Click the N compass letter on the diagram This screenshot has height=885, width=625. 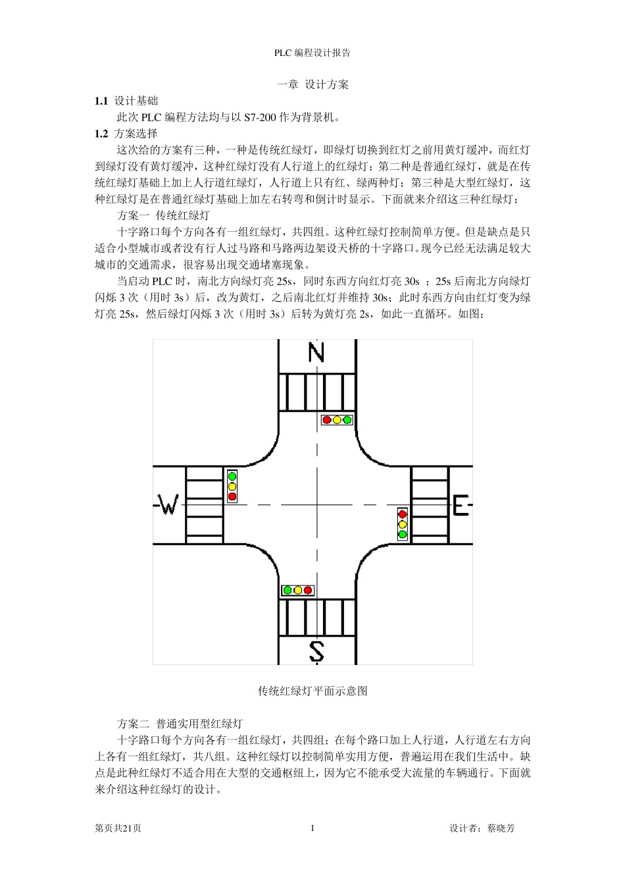tap(316, 353)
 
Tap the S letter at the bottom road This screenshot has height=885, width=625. tap(316, 651)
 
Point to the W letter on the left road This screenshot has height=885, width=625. tap(169, 506)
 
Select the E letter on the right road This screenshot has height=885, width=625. tap(461, 506)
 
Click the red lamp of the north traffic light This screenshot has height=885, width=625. tap(327, 419)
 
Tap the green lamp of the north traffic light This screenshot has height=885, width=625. tap(347, 419)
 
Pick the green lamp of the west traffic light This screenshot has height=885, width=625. tap(232, 476)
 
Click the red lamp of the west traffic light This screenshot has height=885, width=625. tap(232, 496)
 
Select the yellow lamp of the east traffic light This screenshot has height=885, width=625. tap(403, 524)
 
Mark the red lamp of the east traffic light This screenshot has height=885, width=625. tap(403, 514)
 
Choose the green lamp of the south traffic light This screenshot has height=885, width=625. tap(287, 590)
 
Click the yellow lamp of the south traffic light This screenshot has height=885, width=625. tap(297, 590)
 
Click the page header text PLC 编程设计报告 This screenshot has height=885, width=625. tap(312, 53)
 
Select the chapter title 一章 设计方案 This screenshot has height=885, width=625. tap(312, 84)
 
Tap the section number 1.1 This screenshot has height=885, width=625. tap(101, 101)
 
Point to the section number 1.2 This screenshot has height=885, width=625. tap(101, 134)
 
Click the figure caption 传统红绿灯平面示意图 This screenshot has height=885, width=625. tap(312, 691)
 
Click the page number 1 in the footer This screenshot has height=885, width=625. tap(312, 828)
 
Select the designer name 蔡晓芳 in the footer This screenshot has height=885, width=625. tap(501, 828)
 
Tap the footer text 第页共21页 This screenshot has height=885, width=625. tap(118, 828)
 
